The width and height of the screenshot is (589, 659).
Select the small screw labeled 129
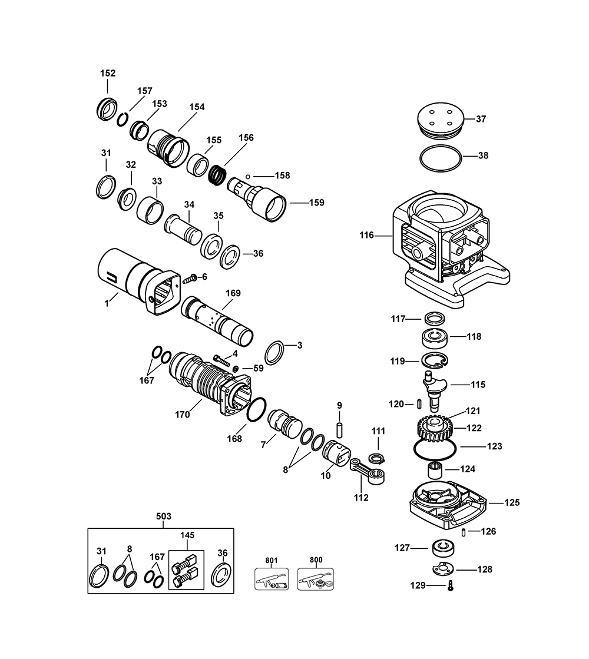[x=451, y=586]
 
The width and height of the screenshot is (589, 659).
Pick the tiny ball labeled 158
[x=249, y=175]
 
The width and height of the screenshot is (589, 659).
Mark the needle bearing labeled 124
[x=434, y=471]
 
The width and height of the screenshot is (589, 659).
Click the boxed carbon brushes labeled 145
[x=186, y=569]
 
